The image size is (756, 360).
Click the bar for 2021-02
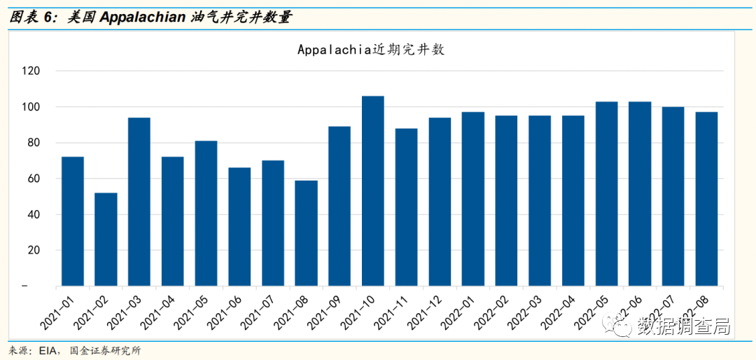coord(106,239)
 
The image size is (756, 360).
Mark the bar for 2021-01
coord(73,221)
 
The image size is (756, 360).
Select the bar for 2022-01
coord(473,199)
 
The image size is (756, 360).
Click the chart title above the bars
coord(371,50)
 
